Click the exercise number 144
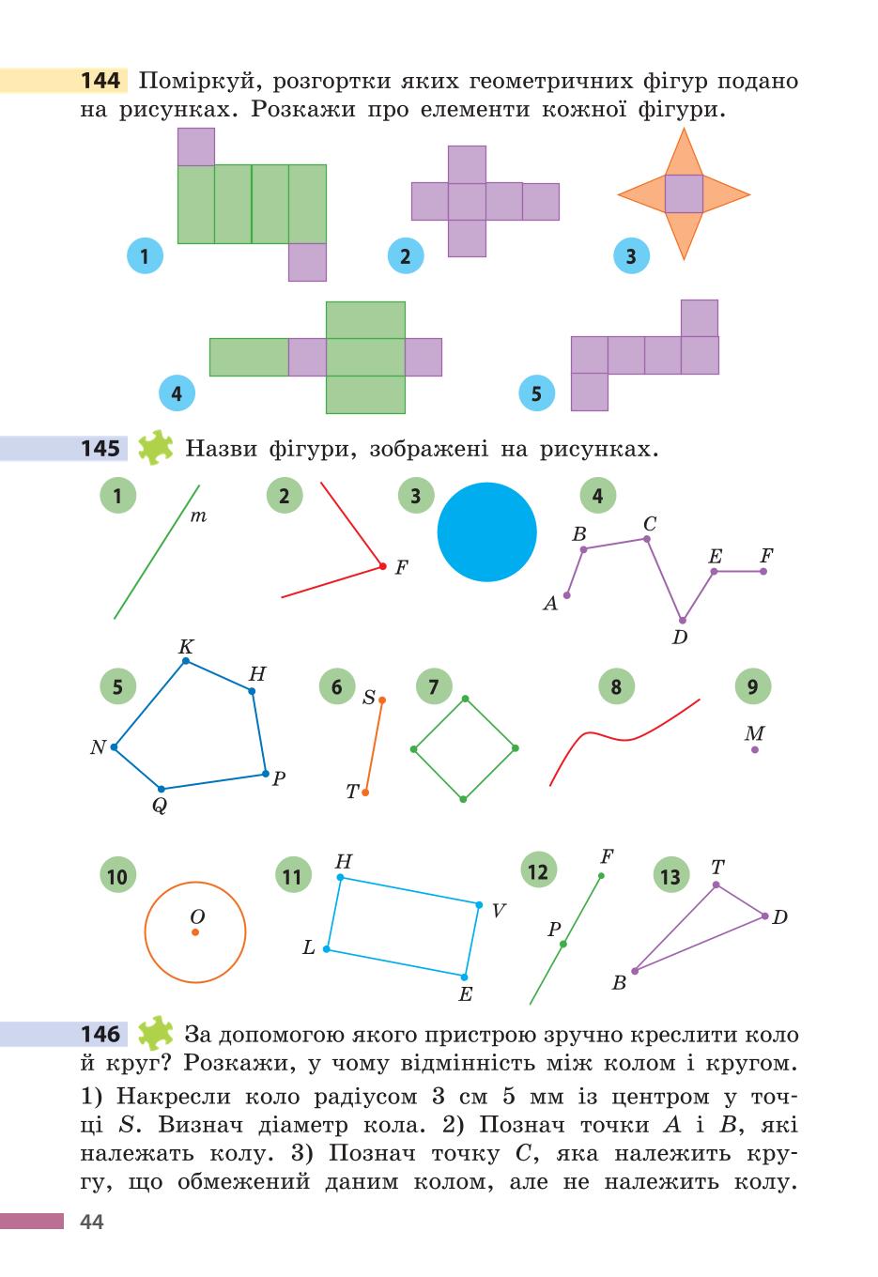[x=100, y=81]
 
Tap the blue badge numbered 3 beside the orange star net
[x=631, y=256]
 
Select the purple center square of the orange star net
[x=684, y=193]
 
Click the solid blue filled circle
[x=486, y=531]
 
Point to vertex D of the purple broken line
[x=683, y=621]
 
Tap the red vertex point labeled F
[x=383, y=566]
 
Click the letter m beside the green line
[x=198, y=516]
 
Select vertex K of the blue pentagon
[x=186, y=661]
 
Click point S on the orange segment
[x=382, y=700]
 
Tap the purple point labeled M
[x=755, y=749]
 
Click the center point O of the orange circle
[x=195, y=932]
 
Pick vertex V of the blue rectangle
[x=479, y=905]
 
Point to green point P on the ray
[x=563, y=945]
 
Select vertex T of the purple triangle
[x=716, y=885]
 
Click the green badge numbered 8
[x=616, y=686]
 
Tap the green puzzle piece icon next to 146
[x=155, y=1033]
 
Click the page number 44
[x=92, y=1222]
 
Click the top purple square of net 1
[x=196, y=146]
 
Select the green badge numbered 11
[x=293, y=876]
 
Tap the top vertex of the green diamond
[x=465, y=699]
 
